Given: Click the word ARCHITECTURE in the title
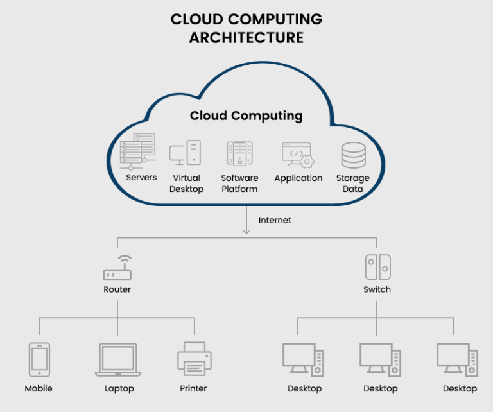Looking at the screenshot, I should [x=246, y=38].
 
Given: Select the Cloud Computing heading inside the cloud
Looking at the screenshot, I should [x=246, y=116].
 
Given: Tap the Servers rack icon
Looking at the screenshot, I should [x=138, y=151].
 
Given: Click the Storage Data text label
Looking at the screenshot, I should [x=352, y=184].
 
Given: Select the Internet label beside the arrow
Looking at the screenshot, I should [x=275, y=220].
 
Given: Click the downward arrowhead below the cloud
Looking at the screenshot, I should [x=246, y=232].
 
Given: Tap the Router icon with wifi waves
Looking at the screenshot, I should [x=117, y=268].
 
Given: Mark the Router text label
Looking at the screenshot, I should [x=117, y=289].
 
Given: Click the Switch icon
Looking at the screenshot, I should [x=377, y=268].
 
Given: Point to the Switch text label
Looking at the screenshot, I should [x=377, y=289].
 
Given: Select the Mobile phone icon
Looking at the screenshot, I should [x=39, y=359].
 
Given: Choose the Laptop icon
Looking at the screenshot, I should [x=118, y=359].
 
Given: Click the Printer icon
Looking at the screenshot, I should [x=194, y=359].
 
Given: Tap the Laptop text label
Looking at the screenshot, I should [x=119, y=388].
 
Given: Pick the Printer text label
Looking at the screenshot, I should [x=193, y=388].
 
